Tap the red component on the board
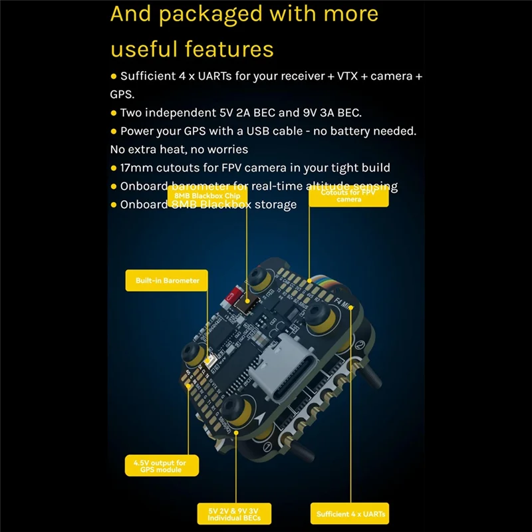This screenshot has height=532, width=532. (x=233, y=295)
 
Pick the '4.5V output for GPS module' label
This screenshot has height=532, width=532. (x=161, y=465)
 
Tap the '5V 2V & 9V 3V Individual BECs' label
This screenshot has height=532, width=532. (x=233, y=513)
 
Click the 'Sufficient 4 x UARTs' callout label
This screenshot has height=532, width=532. (x=350, y=513)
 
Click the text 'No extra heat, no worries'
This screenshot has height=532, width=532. (x=179, y=149)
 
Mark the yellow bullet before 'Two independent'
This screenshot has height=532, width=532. (x=114, y=113)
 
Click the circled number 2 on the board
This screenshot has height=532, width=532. (x=357, y=344)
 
